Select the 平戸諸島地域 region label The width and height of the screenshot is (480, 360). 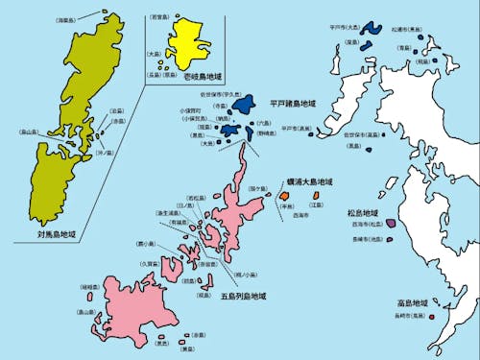tap(292, 103)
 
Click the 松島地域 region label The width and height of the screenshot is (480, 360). tap(364, 212)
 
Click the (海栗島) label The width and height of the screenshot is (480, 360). tap(92, 18)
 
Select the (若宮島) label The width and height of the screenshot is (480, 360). tap(162, 17)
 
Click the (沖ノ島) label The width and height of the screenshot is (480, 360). tap(107, 151)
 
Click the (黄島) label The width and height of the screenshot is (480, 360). tap(188, 349)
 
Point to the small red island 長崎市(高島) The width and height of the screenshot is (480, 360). tap(431, 318)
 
